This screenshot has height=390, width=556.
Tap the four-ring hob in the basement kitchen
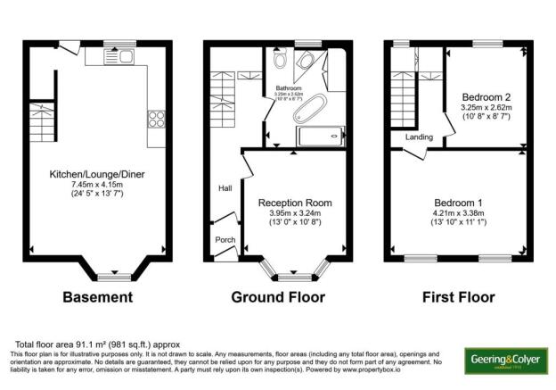click(156, 120)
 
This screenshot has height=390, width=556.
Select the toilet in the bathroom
click(280, 61)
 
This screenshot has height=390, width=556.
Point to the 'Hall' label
click(225, 188)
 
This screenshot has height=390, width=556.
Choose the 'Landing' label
click(418, 137)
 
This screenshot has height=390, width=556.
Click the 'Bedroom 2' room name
click(485, 96)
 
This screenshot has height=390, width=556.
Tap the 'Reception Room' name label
click(289, 203)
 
